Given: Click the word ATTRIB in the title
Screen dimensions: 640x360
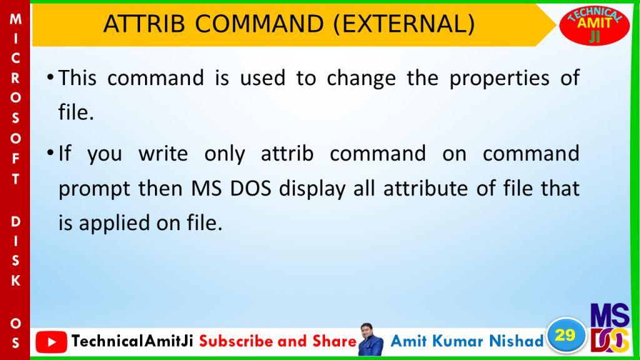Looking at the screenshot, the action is [144, 24].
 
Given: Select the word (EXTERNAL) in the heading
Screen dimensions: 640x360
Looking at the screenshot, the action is [404, 24].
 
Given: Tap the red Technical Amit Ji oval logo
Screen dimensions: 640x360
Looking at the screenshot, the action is [594, 25].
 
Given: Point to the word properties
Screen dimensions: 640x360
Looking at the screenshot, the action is [499, 79].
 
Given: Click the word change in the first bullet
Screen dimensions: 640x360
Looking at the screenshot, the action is [361, 79].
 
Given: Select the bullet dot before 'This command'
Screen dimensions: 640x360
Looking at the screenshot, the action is [50, 77].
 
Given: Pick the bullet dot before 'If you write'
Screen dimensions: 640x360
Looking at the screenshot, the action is [50, 152].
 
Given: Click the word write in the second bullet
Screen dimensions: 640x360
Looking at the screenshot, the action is [163, 154].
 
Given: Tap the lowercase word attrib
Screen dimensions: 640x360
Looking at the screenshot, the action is [287, 154].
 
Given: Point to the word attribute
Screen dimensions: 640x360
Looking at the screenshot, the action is [426, 189].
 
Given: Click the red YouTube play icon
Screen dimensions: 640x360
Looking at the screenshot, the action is [51, 342].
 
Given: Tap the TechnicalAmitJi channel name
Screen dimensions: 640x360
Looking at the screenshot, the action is [132, 341].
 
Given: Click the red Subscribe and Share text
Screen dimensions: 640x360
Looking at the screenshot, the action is [278, 341].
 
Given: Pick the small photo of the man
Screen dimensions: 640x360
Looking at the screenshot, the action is [371, 339].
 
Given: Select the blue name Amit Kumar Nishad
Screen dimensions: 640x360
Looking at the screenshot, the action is [467, 341].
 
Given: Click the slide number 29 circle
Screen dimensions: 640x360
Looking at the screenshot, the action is [565, 336].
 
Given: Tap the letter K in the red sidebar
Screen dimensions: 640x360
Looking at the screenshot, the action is [16, 281].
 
